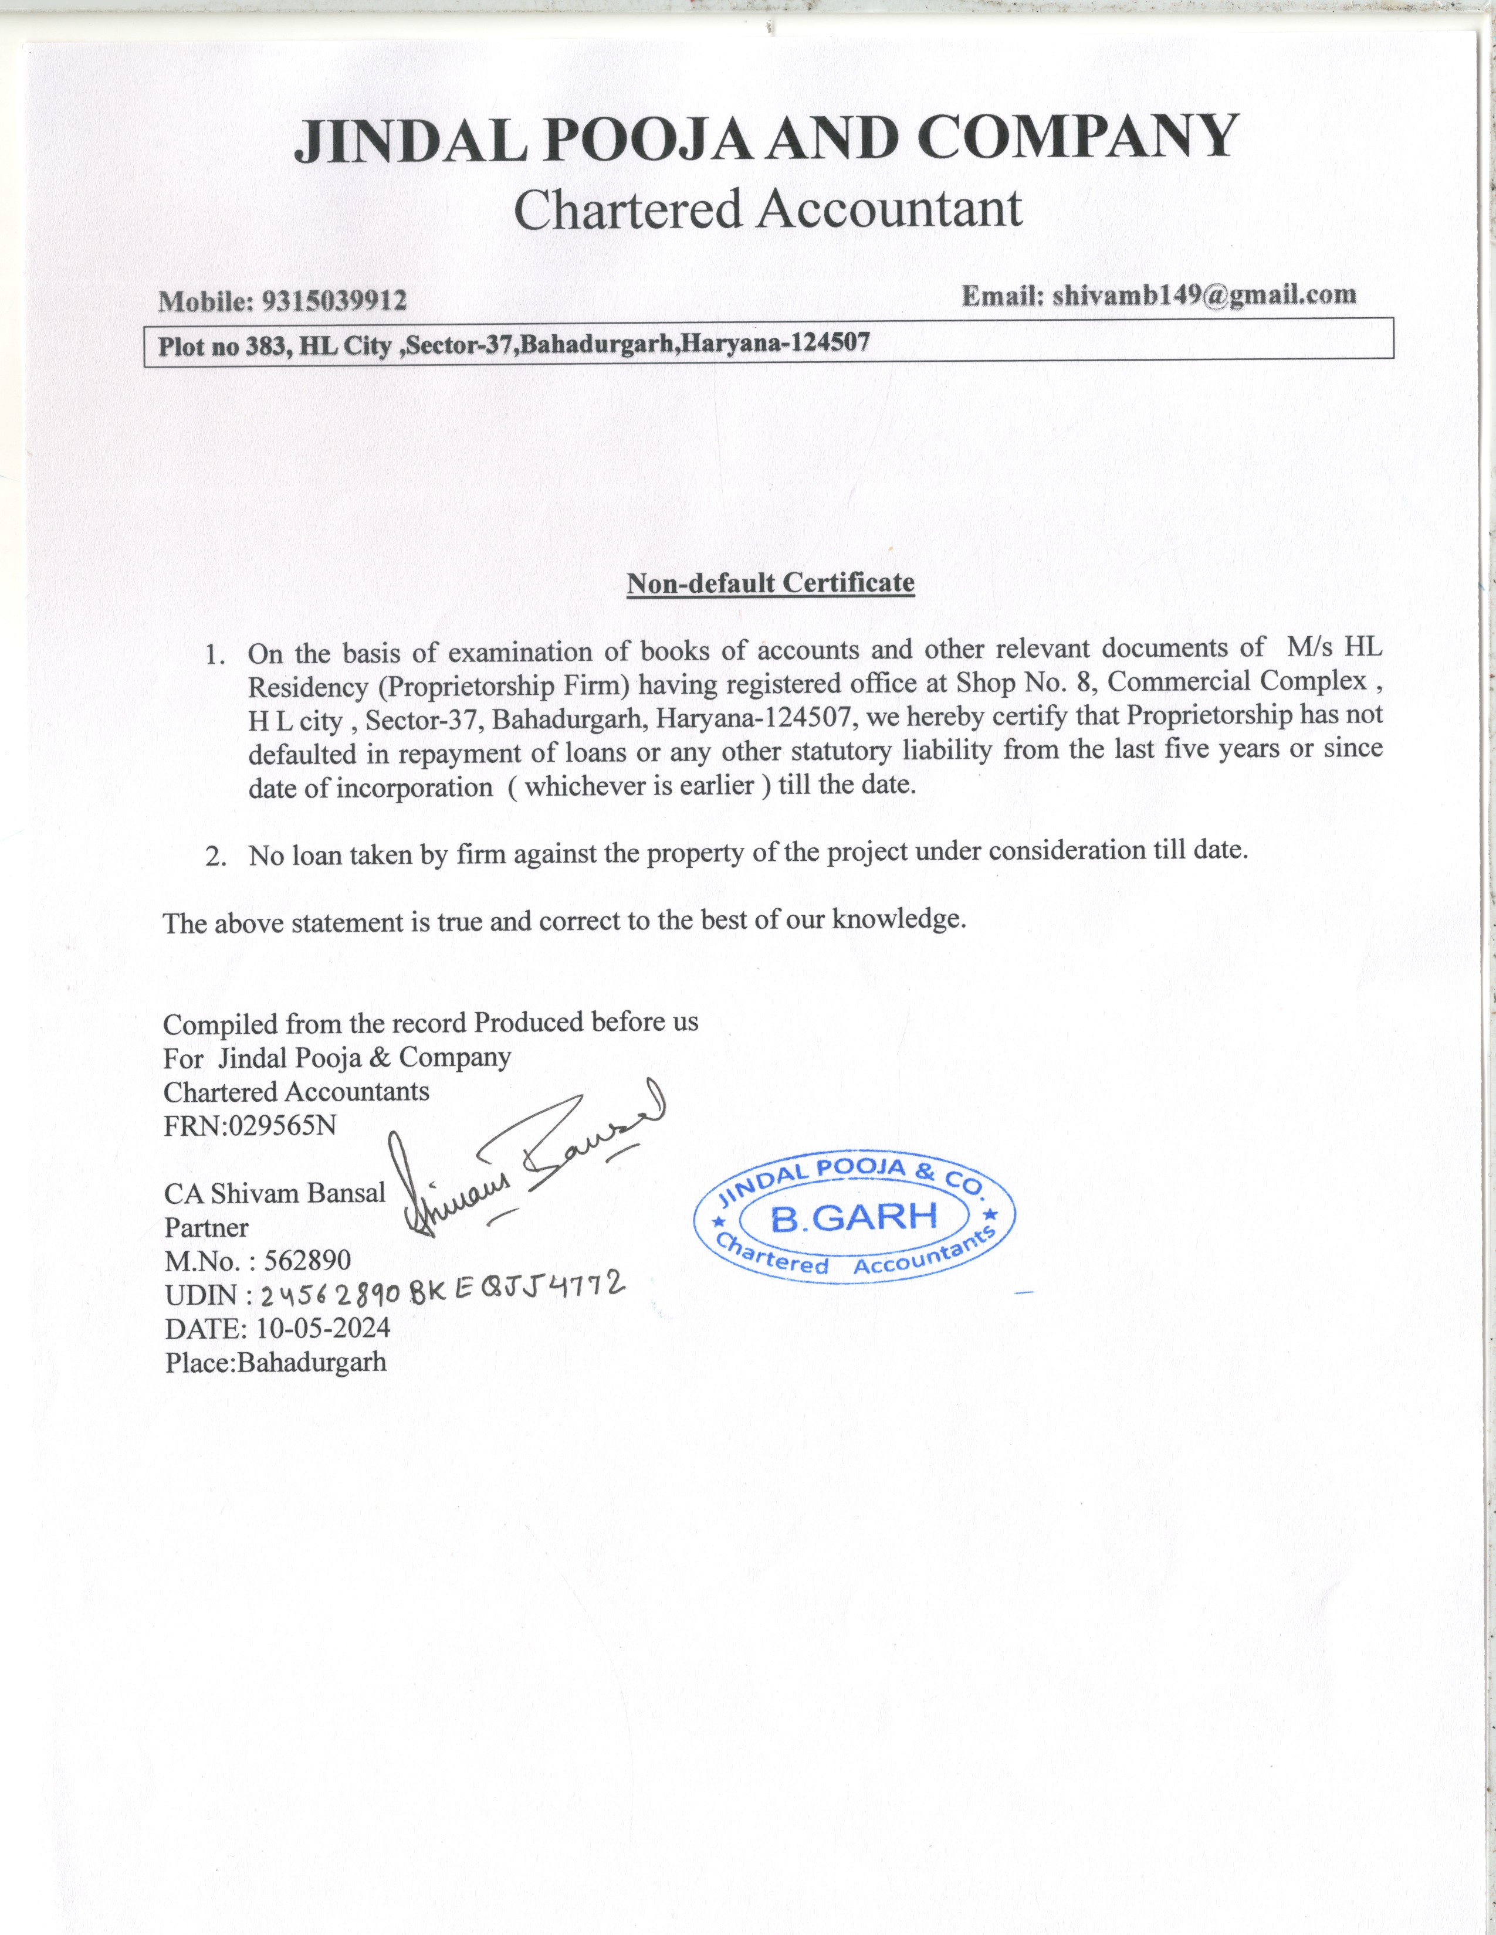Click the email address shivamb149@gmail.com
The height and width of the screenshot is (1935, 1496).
coord(1203,295)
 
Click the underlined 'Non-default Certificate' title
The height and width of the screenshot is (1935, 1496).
coord(770,583)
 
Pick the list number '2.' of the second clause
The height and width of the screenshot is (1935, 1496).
coord(216,856)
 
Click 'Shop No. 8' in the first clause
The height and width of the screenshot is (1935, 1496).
coord(1024,683)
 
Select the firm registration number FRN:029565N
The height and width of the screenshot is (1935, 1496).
coord(250,1125)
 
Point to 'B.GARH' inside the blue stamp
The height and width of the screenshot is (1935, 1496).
coord(854,1218)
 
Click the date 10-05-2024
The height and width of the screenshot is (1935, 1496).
coord(323,1327)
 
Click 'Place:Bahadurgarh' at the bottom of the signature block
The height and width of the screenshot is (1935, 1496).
coord(276,1362)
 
